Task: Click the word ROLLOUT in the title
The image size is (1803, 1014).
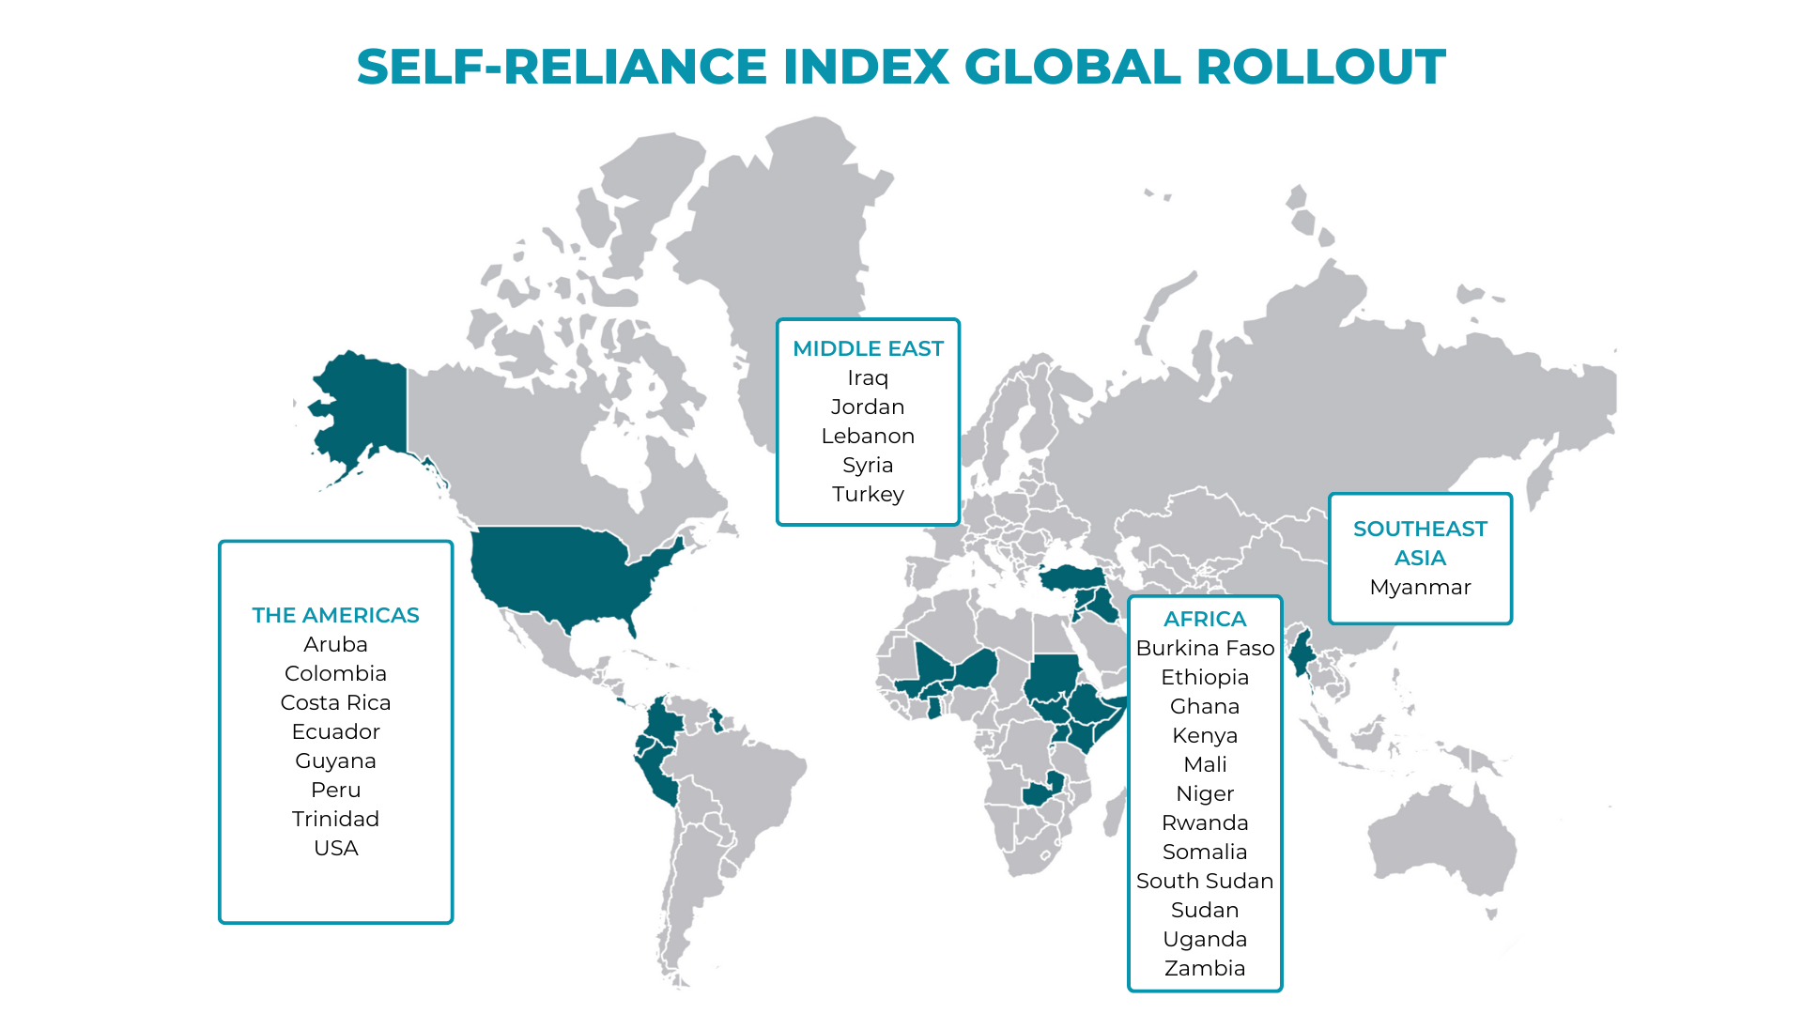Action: coord(1320,67)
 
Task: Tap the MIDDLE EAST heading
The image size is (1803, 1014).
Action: coord(868,348)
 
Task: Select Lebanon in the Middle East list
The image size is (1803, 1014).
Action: coord(868,436)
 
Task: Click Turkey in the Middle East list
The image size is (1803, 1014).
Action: coord(868,494)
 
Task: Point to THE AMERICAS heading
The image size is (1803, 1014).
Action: coord(335,615)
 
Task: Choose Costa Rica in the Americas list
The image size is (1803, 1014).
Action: coord(335,702)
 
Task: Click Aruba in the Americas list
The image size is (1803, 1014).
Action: coord(335,644)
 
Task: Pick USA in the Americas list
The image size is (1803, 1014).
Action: coord(335,848)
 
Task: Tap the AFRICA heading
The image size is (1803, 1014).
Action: coord(1205,619)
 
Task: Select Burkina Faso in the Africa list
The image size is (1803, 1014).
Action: coord(1205,648)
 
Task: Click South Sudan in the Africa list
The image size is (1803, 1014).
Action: coord(1205,881)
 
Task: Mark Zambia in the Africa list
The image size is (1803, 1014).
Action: coord(1205,968)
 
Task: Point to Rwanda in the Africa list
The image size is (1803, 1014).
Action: coord(1205,822)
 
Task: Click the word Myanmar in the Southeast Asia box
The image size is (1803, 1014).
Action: coord(1420,587)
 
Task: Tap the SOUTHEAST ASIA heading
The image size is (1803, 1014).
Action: coord(1420,543)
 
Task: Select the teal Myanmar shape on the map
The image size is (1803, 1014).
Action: coord(1301,653)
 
